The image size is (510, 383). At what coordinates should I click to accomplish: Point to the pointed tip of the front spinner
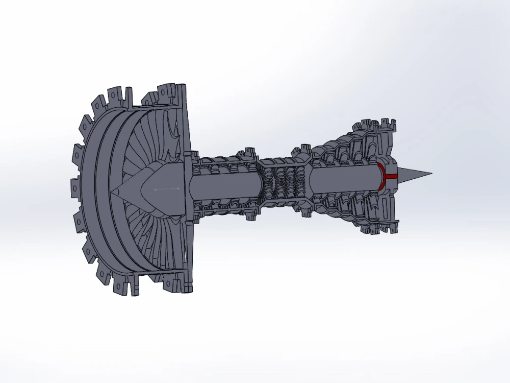(x=113, y=192)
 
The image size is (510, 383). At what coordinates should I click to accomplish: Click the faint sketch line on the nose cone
(x=167, y=188)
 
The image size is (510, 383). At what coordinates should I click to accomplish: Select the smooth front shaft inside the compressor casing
(x=224, y=185)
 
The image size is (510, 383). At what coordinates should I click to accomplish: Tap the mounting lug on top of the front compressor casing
(x=250, y=152)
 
